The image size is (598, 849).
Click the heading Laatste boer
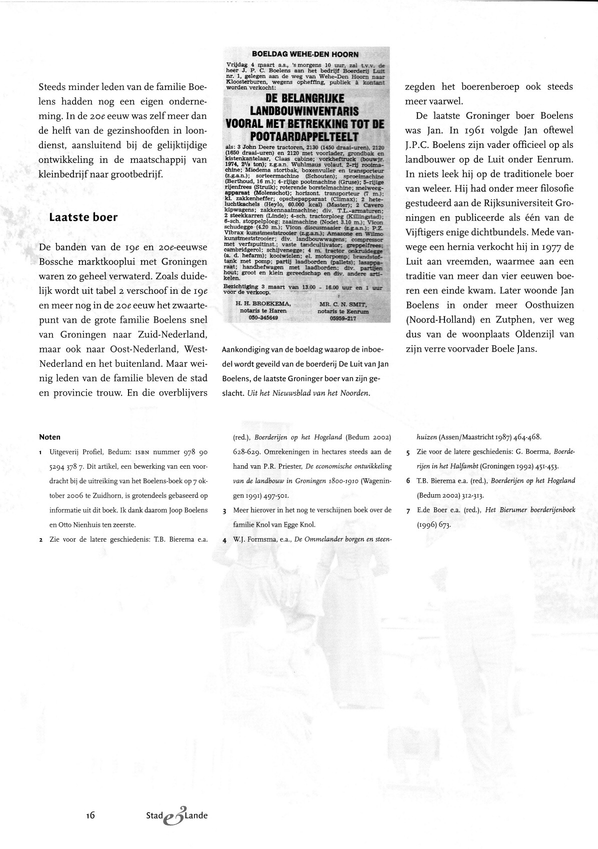click(x=83, y=217)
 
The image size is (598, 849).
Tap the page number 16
click(x=90, y=815)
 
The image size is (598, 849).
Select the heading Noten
click(x=49, y=437)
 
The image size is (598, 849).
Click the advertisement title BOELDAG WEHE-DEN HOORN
click(x=305, y=54)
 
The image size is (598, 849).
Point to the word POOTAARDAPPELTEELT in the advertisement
click(x=305, y=136)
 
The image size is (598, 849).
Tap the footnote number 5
click(x=408, y=452)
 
